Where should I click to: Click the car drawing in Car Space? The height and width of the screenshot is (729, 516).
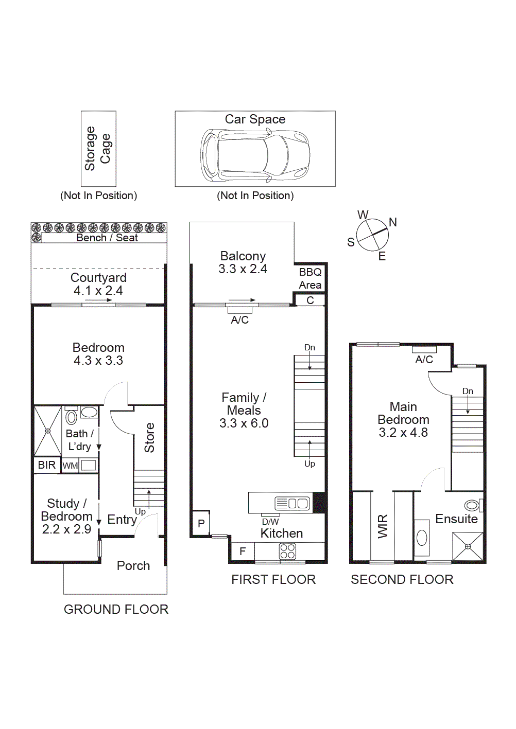click(255, 155)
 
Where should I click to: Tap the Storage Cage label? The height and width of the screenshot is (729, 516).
click(98, 148)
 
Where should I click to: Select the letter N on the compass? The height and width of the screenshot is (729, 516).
click(393, 222)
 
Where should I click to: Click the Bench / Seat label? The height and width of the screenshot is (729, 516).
click(107, 238)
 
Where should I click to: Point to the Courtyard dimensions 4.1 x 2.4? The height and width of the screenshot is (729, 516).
click(98, 291)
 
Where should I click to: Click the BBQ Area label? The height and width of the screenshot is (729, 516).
click(310, 278)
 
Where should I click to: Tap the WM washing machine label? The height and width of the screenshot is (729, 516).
click(70, 466)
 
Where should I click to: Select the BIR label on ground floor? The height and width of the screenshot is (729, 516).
click(47, 465)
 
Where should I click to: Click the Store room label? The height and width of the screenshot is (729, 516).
click(149, 437)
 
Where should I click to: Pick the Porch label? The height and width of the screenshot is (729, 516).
click(133, 565)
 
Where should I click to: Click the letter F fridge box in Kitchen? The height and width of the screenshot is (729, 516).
click(243, 552)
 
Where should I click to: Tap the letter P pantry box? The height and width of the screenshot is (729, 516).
click(201, 524)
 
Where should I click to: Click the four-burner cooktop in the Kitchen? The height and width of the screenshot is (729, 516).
click(287, 552)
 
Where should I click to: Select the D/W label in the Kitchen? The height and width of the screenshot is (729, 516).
click(270, 522)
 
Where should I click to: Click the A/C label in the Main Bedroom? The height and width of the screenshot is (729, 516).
click(424, 360)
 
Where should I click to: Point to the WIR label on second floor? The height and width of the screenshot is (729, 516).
click(383, 526)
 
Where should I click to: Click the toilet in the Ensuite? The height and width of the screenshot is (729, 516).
click(472, 505)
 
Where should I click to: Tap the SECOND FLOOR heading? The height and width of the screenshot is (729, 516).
click(402, 580)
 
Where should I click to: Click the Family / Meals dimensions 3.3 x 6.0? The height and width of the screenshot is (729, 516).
click(244, 423)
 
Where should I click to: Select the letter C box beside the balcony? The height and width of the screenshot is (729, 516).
click(310, 300)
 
